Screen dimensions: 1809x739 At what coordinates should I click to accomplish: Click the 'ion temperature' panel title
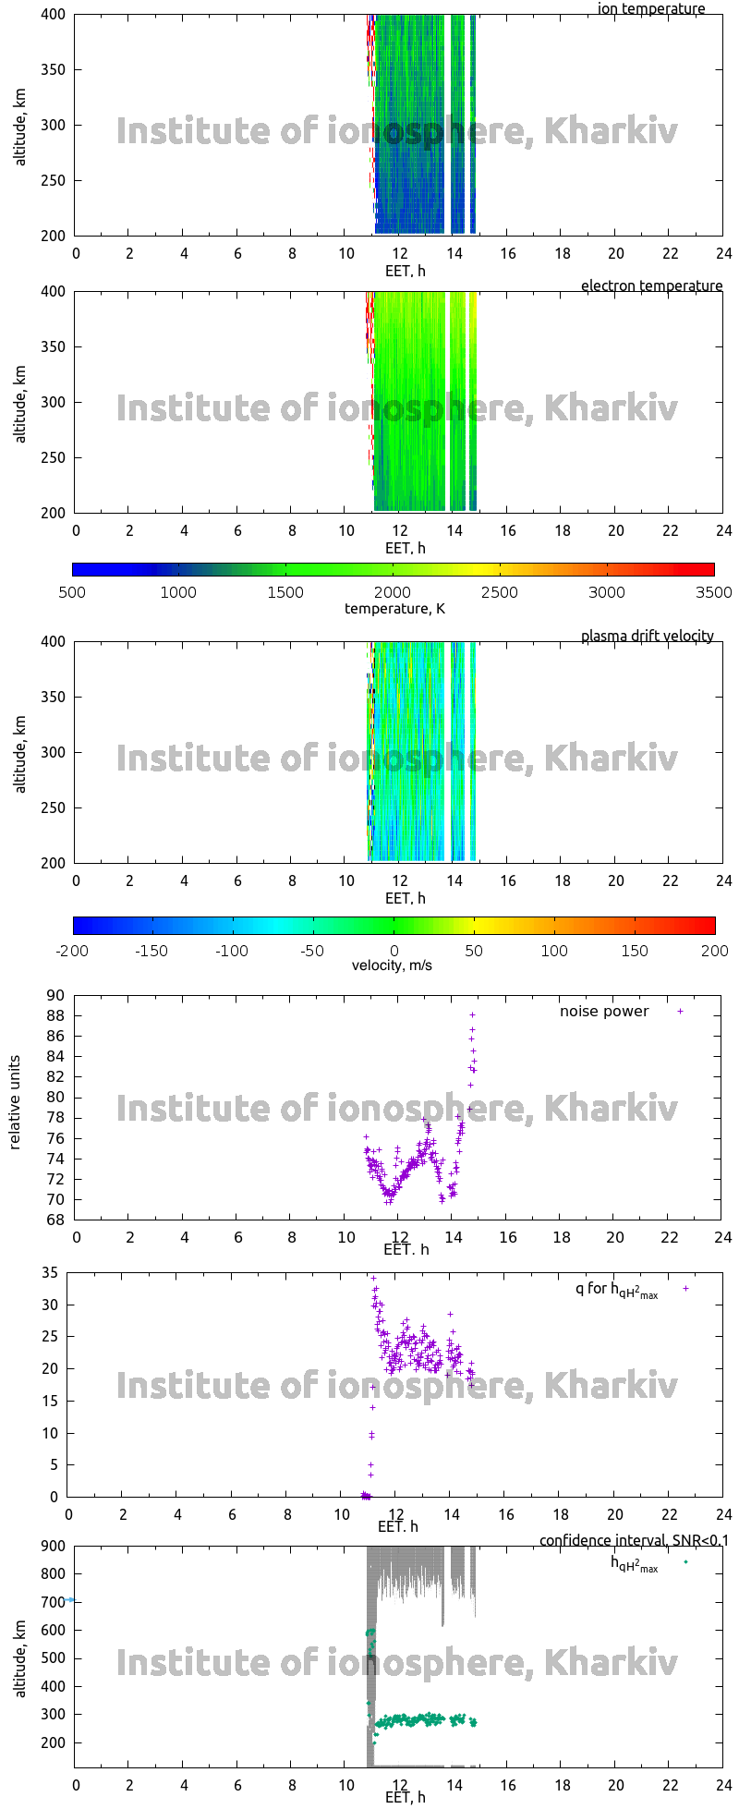point(650,9)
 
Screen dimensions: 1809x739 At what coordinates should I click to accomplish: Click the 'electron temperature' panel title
point(651,286)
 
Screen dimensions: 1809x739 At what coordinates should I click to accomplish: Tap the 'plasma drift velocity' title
point(647,637)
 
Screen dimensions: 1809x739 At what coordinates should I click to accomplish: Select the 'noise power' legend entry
point(604,1012)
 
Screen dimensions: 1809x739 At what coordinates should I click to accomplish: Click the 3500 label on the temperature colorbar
point(713,593)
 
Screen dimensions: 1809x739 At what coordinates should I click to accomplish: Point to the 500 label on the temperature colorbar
point(72,593)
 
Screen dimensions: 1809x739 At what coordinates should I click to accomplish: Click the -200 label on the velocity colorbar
point(72,951)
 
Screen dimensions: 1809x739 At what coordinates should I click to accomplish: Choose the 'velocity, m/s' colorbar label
point(392,966)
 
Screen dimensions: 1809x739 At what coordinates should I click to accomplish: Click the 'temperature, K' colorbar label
point(394,608)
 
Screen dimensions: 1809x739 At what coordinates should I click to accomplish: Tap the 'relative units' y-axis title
point(16,1108)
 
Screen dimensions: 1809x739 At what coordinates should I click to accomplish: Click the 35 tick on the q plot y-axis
point(50,1273)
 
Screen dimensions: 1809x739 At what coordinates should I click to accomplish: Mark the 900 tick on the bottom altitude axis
point(54,1547)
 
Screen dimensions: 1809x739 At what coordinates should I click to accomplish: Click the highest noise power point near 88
point(472,1014)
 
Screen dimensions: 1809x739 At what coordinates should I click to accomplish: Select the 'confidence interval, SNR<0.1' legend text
point(634,1541)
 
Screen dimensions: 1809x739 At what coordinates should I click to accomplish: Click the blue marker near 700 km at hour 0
point(70,1599)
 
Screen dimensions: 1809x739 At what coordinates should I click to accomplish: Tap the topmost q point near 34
point(373,1279)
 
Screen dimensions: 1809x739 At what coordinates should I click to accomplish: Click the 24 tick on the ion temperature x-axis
point(722,254)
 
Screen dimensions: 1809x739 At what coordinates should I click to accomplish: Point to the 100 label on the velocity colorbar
point(554,951)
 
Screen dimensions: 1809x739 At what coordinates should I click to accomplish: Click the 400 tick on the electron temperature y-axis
point(54,292)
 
